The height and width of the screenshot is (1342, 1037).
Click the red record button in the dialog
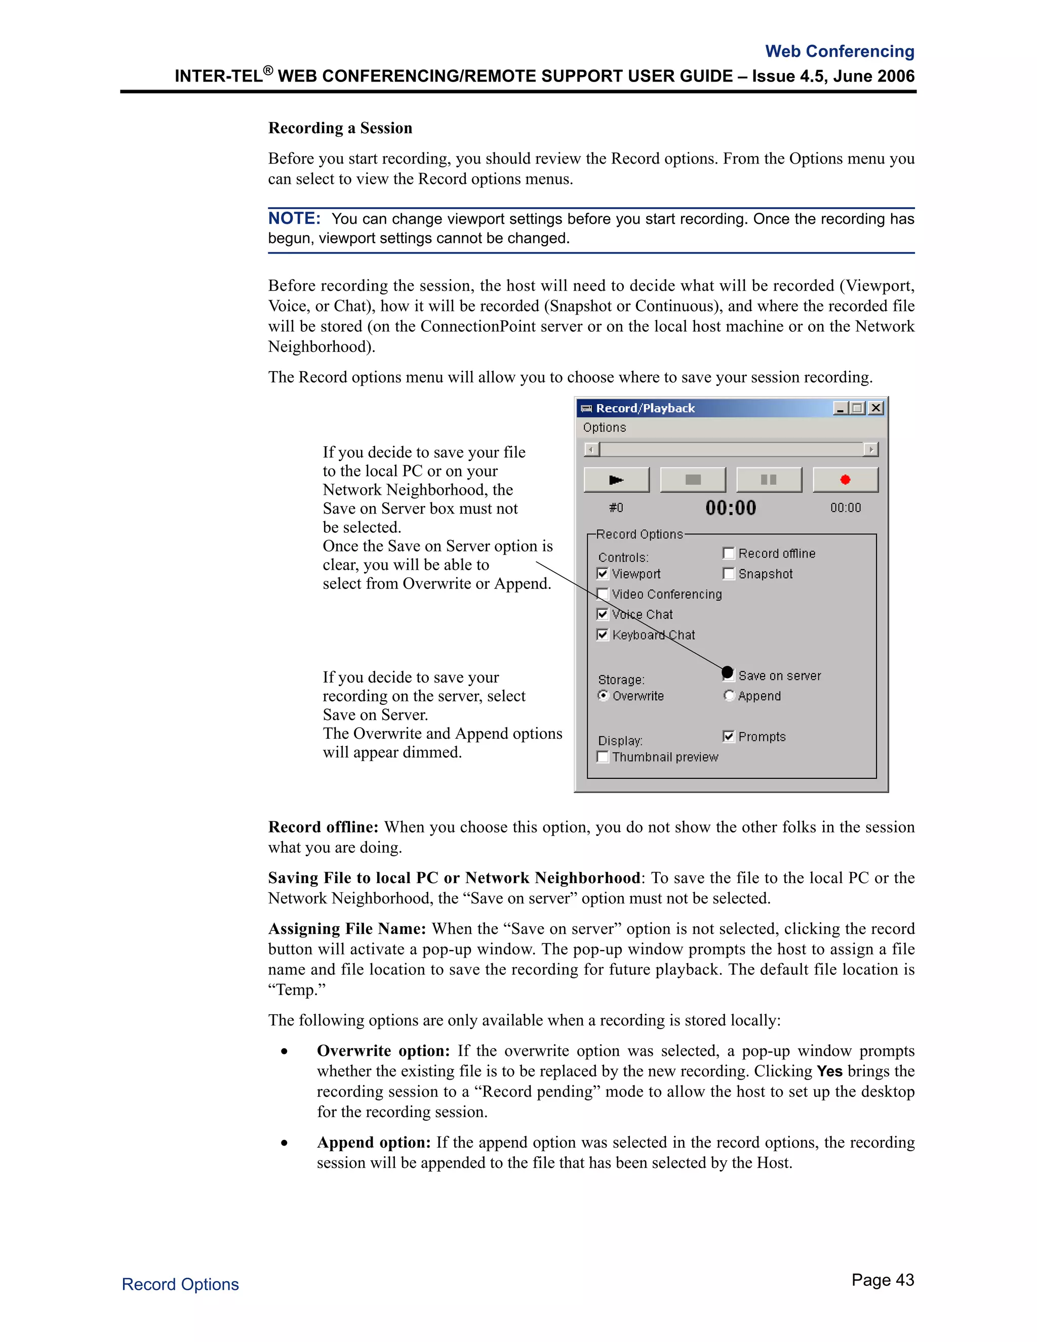(845, 480)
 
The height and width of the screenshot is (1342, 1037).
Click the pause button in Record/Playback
(769, 480)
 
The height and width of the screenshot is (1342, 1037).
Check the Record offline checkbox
(729, 553)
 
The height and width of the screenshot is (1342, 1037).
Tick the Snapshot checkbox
(729, 573)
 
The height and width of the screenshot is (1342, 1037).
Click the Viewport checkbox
(603, 573)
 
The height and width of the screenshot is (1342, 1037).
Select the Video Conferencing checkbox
(603, 594)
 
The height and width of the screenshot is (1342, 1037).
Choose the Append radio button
(729, 696)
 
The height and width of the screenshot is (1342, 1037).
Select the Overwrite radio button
(603, 696)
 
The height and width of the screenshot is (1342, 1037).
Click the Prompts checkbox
(729, 736)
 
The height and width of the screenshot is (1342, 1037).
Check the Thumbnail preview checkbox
(603, 757)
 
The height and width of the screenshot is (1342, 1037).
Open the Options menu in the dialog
(604, 428)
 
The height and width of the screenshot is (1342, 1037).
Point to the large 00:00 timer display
(731, 507)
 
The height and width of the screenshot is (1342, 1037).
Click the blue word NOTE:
(294, 218)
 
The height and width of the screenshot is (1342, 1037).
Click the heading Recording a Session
(340, 128)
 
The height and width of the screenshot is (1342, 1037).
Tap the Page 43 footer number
(882, 1280)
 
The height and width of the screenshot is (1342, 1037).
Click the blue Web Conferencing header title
(839, 51)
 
